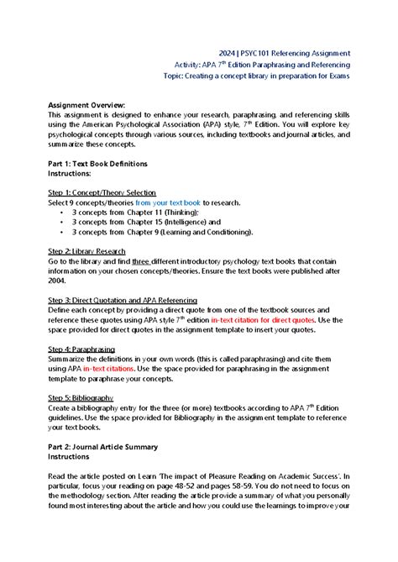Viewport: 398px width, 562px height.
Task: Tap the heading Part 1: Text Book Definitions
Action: tap(97, 163)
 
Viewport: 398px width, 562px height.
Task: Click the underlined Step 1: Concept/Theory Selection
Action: tap(102, 192)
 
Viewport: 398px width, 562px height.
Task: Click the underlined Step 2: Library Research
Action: tap(89, 251)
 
